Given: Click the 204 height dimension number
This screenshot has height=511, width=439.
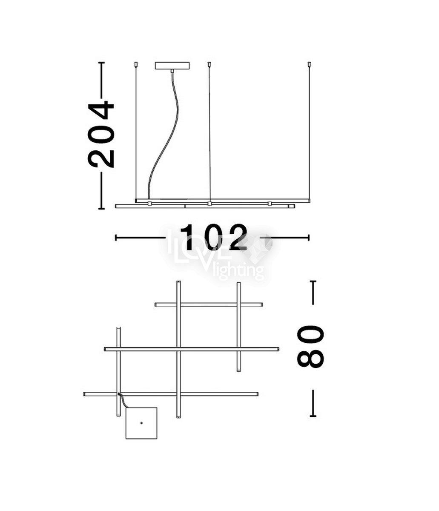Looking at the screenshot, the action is (101, 135).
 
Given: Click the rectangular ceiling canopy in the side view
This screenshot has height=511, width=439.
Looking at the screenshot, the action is (172, 66).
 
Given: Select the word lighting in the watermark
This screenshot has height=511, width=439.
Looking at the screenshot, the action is (238, 271).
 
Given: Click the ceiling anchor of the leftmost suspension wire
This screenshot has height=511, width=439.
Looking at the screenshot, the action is (136, 64).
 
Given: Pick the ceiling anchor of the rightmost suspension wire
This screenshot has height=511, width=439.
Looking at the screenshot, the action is (309, 64).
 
